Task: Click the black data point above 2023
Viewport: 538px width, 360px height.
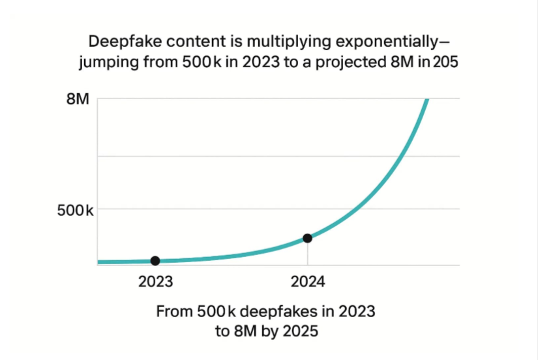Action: coord(155,261)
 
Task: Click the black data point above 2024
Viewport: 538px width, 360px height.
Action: coord(308,238)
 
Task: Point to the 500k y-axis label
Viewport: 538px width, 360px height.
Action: coord(73,211)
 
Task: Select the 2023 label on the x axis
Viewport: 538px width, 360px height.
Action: coord(155,282)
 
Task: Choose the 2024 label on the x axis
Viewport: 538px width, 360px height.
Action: coord(308,282)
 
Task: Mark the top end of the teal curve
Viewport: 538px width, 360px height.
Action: coord(427,100)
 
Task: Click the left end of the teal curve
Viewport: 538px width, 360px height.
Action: coord(99,262)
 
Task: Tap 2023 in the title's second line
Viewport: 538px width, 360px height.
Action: coord(250,65)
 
